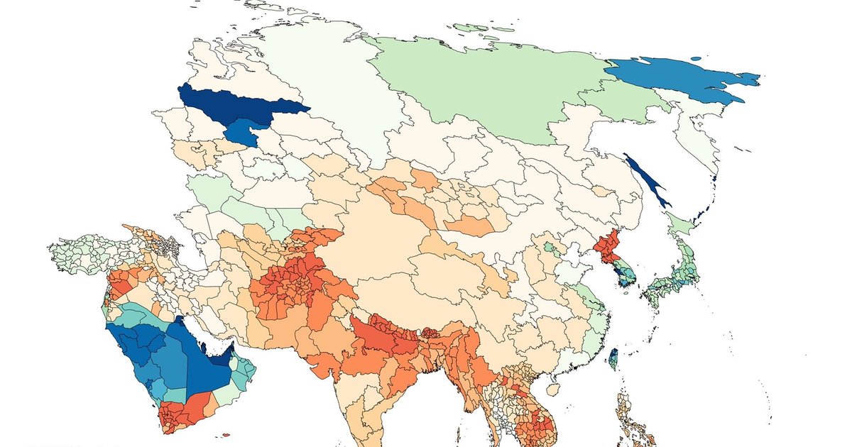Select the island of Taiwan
click(613, 358)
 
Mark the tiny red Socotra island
click(225, 435)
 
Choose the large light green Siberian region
click(490, 85)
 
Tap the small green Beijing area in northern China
click(551, 249)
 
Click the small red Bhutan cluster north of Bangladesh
click(429, 331)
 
